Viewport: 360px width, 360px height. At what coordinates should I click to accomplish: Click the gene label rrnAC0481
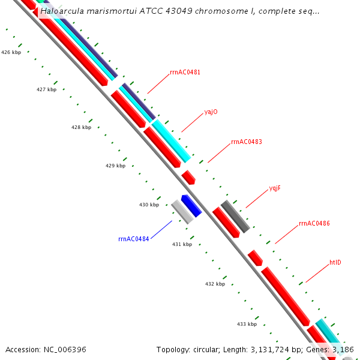pyautogui.click(x=185, y=73)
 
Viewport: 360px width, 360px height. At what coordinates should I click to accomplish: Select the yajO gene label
pyautogui.click(x=211, y=112)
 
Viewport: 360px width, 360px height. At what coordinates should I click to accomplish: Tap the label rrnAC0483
pyautogui.click(x=246, y=142)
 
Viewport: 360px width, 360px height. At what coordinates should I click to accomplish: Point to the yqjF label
pyautogui.click(x=275, y=188)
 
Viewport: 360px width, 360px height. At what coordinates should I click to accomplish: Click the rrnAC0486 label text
pyautogui.click(x=314, y=224)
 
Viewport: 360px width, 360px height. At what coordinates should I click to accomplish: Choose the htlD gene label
pyautogui.click(x=335, y=263)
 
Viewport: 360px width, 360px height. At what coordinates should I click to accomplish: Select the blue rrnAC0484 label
pyautogui.click(x=133, y=239)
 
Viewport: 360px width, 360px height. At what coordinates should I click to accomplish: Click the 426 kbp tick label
pyautogui.click(x=11, y=53)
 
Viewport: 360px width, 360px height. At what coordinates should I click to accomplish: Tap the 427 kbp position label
pyautogui.click(x=46, y=89)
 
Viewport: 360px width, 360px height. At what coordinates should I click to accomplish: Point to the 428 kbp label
pyautogui.click(x=81, y=127)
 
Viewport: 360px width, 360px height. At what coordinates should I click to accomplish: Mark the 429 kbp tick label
pyautogui.click(x=115, y=166)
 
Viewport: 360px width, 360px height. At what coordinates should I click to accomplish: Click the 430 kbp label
pyautogui.click(x=149, y=205)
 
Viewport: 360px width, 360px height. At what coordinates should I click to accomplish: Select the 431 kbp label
pyautogui.click(x=182, y=244)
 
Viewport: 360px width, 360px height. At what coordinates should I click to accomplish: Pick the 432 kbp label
pyautogui.click(x=214, y=284)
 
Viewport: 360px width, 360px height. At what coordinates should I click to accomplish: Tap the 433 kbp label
pyautogui.click(x=247, y=324)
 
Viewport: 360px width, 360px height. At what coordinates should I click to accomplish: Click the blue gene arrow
pyautogui.click(x=191, y=206)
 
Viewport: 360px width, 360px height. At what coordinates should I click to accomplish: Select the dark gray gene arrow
pyautogui.click(x=235, y=217)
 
